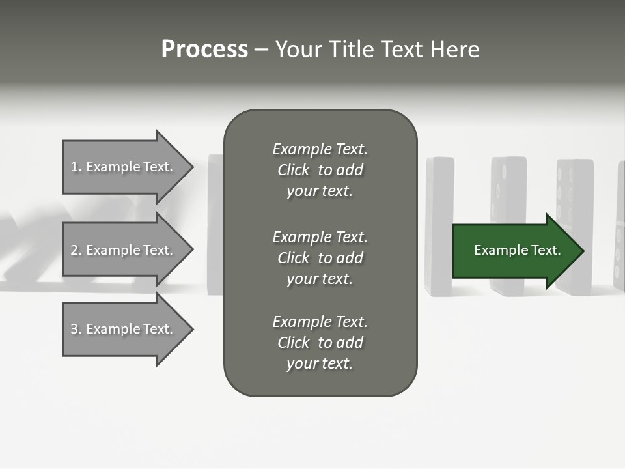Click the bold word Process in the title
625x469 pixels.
[204, 50]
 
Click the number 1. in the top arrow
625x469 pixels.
[76, 167]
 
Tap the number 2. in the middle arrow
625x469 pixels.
[76, 250]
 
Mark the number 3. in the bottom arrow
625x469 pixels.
[76, 329]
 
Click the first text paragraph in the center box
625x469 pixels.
[320, 170]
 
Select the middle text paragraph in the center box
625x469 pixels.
[320, 258]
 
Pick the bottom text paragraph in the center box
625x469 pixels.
[320, 343]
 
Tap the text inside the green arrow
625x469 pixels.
[518, 250]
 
